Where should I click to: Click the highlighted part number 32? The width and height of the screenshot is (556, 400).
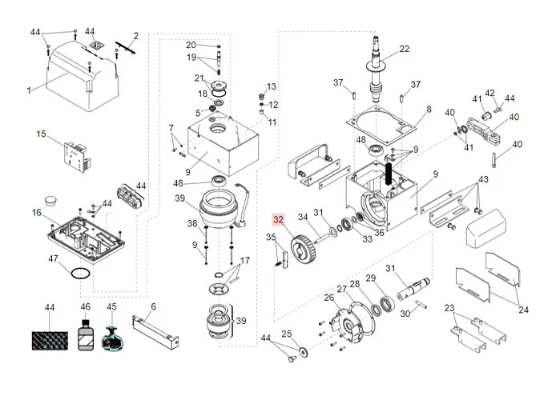(279, 220)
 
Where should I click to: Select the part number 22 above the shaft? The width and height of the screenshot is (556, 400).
(405, 49)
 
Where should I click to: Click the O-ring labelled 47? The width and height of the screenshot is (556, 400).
(78, 273)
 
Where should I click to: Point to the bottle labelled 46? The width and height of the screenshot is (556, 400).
(86, 334)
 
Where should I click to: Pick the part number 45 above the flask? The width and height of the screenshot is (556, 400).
(112, 306)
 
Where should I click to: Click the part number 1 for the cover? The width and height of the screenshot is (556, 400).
(30, 90)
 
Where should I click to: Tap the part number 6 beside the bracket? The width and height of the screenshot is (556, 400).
(154, 306)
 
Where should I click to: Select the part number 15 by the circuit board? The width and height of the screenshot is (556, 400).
(42, 134)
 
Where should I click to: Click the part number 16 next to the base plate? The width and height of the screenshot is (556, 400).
(36, 212)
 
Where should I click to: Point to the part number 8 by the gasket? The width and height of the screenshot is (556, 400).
(429, 109)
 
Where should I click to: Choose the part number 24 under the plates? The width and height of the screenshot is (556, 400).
(523, 310)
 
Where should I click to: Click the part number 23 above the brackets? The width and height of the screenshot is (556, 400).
(449, 308)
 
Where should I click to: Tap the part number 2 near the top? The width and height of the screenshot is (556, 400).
(136, 35)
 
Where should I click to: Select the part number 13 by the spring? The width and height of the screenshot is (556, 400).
(272, 86)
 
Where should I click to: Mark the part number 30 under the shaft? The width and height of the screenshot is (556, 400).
(405, 314)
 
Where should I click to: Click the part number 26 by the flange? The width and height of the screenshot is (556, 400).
(328, 298)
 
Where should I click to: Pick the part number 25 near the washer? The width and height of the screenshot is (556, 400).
(287, 334)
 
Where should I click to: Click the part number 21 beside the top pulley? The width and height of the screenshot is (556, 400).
(199, 78)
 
